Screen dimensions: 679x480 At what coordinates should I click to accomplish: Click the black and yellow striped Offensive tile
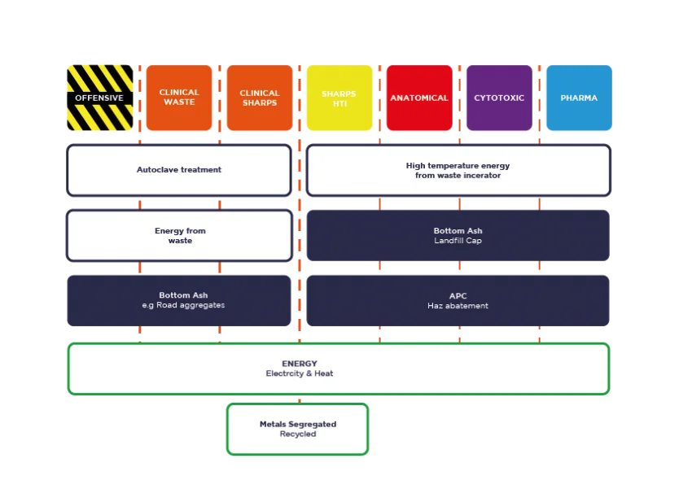pyautogui.click(x=100, y=98)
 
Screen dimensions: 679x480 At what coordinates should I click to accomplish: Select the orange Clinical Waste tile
pyautogui.click(x=179, y=98)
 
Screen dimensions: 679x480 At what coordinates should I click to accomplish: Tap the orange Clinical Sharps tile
pyautogui.click(x=260, y=98)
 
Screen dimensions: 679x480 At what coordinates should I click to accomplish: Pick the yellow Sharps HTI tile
pyautogui.click(x=339, y=98)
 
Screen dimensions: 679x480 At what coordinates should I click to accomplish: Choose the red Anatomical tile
pyautogui.click(x=419, y=98)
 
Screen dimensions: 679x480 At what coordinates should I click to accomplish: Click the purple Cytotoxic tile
pyautogui.click(x=499, y=98)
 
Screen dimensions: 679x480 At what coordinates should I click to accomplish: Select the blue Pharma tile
pyautogui.click(x=580, y=98)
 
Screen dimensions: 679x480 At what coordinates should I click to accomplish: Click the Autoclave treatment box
pyautogui.click(x=179, y=170)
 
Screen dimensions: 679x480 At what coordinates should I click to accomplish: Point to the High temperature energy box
pyautogui.click(x=458, y=170)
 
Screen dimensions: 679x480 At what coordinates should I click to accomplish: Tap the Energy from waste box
pyautogui.click(x=179, y=235)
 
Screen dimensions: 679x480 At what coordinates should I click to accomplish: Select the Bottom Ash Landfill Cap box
pyautogui.click(x=458, y=235)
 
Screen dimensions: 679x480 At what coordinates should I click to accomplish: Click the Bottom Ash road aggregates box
pyautogui.click(x=179, y=301)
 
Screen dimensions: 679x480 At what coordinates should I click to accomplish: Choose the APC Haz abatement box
pyautogui.click(x=458, y=301)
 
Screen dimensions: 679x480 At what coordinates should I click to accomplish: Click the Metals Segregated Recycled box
pyautogui.click(x=298, y=430)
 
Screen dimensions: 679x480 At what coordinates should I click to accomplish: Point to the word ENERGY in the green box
pyautogui.click(x=300, y=364)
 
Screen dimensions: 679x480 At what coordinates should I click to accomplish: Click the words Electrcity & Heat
pyautogui.click(x=300, y=373)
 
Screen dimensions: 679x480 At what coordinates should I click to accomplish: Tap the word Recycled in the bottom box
pyautogui.click(x=298, y=434)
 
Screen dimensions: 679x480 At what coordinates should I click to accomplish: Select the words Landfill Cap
pyautogui.click(x=458, y=241)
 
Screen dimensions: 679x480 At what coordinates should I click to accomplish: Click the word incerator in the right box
pyautogui.click(x=480, y=175)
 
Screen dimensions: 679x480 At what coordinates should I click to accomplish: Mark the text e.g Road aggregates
pyautogui.click(x=184, y=305)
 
